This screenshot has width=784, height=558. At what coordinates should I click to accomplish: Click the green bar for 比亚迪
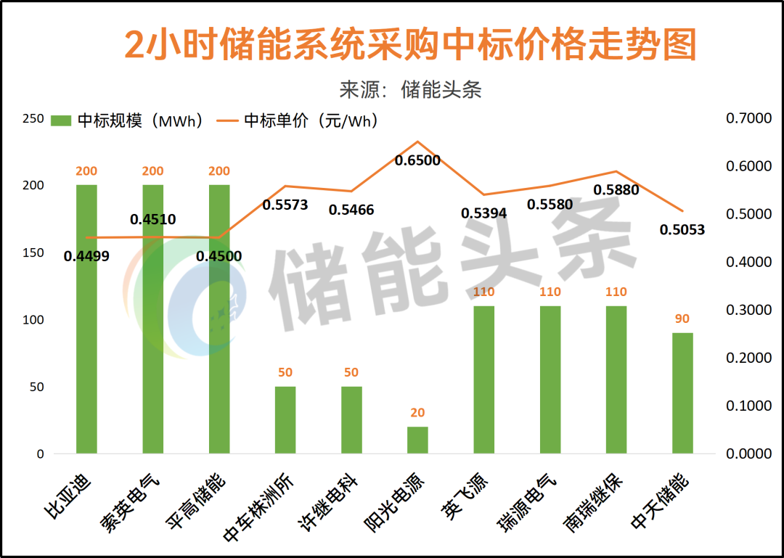coord(86,319)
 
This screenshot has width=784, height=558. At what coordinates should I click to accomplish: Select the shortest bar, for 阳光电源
coord(417,440)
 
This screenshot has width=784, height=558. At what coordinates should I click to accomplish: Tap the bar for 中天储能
coord(682,393)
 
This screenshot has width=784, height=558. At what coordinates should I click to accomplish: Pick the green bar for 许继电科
coord(351,420)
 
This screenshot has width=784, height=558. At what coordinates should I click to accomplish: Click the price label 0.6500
coord(417,160)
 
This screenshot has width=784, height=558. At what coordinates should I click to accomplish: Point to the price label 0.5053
coord(682,230)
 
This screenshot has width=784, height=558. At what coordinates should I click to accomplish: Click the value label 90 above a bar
coord(682,319)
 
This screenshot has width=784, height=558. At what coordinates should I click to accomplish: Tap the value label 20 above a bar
coord(417,413)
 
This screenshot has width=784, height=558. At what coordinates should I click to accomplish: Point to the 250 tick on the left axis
coord(33,119)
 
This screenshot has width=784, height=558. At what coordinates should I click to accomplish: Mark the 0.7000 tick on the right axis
coord(749,119)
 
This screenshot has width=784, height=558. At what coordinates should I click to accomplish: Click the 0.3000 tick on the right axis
coord(749,311)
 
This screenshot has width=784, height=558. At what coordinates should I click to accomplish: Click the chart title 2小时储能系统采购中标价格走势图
coord(410,45)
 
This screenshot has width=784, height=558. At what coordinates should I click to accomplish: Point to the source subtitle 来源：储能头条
coord(410,89)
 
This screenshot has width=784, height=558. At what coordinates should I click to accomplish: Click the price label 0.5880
coord(616,190)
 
